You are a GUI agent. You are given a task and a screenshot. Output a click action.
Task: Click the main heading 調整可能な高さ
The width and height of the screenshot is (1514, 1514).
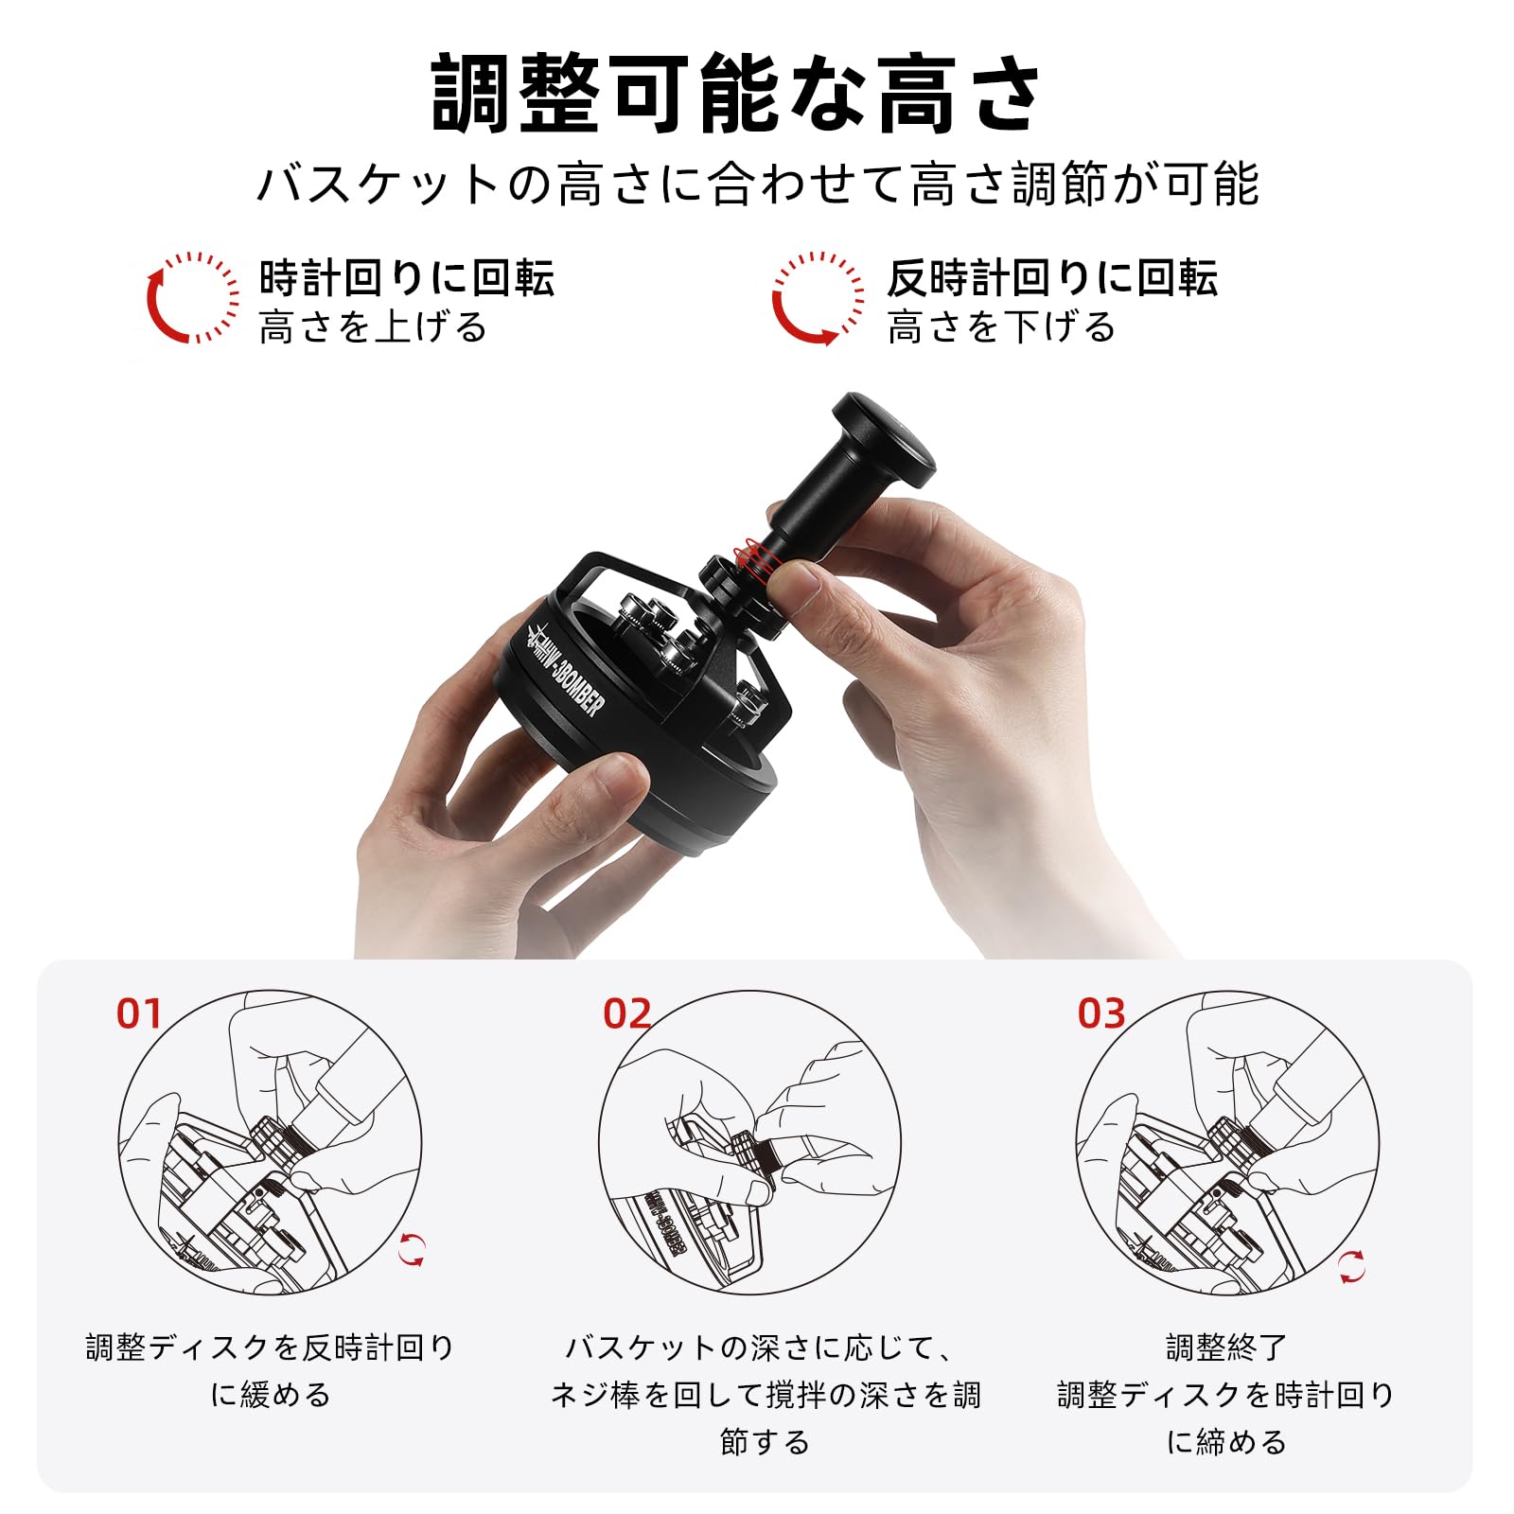pyautogui.click(x=736, y=95)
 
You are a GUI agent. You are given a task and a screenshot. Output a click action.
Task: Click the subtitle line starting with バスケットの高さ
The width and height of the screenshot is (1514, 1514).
pyautogui.click(x=757, y=184)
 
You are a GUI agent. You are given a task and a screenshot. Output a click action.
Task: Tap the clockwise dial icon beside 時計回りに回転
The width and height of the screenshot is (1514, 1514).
pyautogui.click(x=192, y=297)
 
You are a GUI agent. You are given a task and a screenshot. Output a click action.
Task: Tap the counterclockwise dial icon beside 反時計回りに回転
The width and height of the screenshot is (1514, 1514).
pyautogui.click(x=818, y=297)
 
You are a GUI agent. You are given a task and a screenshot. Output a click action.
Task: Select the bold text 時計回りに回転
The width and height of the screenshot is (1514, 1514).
pyautogui.click(x=407, y=278)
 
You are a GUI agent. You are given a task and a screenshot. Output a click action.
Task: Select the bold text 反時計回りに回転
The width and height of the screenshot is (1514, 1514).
pyautogui.click(x=1052, y=278)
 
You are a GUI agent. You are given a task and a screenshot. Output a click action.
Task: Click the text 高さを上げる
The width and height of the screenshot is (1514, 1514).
pyautogui.click(x=373, y=327)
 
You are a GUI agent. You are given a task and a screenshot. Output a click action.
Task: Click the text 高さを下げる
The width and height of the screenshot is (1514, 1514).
pyautogui.click(x=1001, y=327)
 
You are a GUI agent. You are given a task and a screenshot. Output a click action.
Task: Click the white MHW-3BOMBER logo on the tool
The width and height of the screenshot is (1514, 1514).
pyautogui.click(x=565, y=672)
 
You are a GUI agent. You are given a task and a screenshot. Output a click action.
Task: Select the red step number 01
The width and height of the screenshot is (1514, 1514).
pyautogui.click(x=140, y=1014)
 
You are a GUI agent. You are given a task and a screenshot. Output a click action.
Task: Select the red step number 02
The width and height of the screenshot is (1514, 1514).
pyautogui.click(x=627, y=1014)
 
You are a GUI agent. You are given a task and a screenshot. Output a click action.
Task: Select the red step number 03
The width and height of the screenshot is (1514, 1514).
pyautogui.click(x=1101, y=1014)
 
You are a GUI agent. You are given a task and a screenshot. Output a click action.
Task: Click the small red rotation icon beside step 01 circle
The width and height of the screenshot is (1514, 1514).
pyautogui.click(x=412, y=1249)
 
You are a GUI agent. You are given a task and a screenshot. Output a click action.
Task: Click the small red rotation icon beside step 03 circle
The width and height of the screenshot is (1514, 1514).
pyautogui.click(x=1352, y=1267)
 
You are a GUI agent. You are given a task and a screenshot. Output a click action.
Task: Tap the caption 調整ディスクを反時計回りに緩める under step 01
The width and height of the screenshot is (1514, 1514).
pyautogui.click(x=270, y=1370)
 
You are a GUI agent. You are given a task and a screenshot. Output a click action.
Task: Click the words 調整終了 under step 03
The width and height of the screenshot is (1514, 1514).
pyautogui.click(x=1226, y=1347)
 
